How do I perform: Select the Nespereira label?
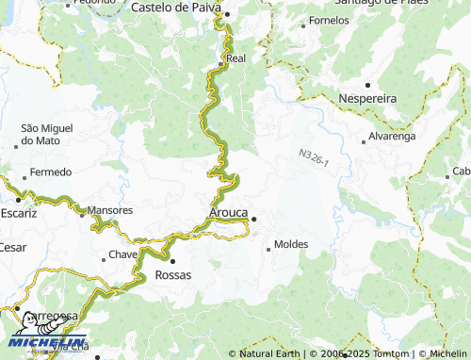(x=366, y=98)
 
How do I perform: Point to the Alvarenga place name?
(x=391, y=136)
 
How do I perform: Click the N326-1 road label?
(x=313, y=157)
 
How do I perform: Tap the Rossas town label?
(x=172, y=274)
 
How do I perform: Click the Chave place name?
(x=123, y=254)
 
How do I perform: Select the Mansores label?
(x=109, y=209)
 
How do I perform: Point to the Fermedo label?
(x=50, y=172)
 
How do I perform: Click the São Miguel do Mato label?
(x=47, y=134)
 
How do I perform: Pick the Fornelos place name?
(x=328, y=20)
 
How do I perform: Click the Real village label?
(x=235, y=57)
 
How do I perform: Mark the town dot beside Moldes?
(x=268, y=249)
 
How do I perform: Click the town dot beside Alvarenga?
(x=364, y=142)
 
